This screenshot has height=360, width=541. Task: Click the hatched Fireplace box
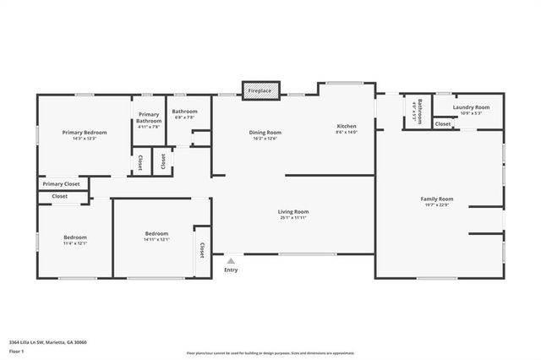[x=260, y=90]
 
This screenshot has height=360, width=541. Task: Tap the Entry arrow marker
[x=231, y=261]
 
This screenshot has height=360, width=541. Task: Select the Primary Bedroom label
[x=84, y=133]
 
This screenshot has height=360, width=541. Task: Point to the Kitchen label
[x=347, y=126]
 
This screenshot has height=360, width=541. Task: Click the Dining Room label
[x=265, y=133]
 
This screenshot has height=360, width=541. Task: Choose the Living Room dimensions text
[x=293, y=218]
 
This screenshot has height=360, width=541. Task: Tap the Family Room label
[x=437, y=199]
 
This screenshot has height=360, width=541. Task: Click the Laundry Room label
[x=471, y=107]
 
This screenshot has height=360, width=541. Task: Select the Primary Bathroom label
[x=149, y=117]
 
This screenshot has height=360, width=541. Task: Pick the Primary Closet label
[x=61, y=183]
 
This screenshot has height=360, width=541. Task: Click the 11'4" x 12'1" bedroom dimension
[x=75, y=243]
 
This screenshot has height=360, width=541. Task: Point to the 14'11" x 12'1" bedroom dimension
[x=156, y=239]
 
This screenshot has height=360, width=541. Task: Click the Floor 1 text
[x=16, y=350]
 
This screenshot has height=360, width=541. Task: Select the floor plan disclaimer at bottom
[x=270, y=352]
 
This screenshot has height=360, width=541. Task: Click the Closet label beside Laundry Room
[x=443, y=124]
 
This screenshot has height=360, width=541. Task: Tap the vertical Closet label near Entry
[x=202, y=250]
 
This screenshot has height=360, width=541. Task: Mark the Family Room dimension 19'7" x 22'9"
[x=437, y=205]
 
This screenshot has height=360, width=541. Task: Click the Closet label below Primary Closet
[x=60, y=196]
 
